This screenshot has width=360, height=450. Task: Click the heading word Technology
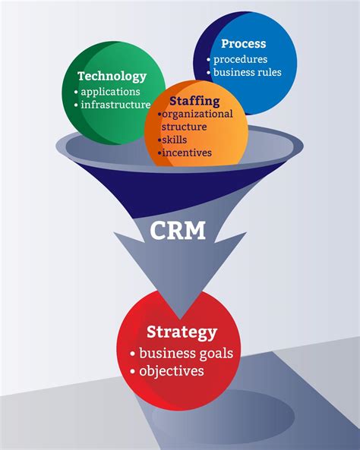tap(112, 76)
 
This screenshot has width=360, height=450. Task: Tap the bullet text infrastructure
tap(115, 104)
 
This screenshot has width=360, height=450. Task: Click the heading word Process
tap(244, 44)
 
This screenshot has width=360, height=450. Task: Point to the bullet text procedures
tap(240, 58)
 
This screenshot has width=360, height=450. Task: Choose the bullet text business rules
tap(247, 72)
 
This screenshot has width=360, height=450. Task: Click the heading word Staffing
tap(194, 100)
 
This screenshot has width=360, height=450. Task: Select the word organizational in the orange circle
tap(197, 114)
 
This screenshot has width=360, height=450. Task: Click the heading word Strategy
tap(182, 332)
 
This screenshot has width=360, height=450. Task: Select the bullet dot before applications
tap(77, 91)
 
